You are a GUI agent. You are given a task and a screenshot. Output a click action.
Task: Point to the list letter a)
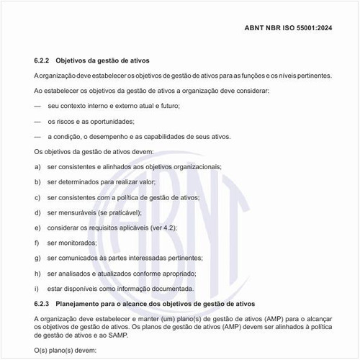37,166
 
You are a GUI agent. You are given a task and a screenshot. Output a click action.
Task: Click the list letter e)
37,228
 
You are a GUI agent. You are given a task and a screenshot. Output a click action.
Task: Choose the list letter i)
37,289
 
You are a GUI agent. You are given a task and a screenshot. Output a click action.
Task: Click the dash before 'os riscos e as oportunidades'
37,121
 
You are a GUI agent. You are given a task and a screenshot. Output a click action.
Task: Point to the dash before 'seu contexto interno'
37,106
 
